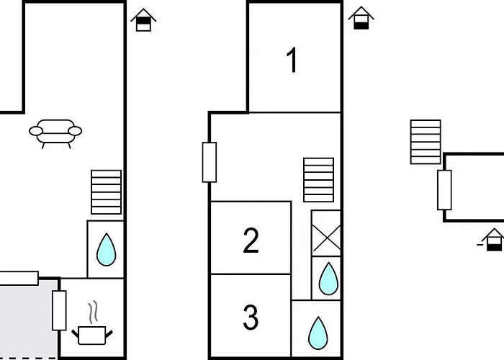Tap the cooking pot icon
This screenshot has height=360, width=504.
point(92,336)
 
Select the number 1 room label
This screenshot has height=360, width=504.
point(292,60)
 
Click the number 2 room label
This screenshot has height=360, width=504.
point(251,240)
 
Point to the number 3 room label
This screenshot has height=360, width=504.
point(251,318)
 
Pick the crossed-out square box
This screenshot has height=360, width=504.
point(326,233)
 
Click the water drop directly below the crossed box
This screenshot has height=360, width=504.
point(328,279)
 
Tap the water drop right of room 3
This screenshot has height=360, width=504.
point(318,333)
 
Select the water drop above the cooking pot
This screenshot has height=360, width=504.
point(107,249)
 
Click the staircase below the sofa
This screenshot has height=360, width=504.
point(107,192)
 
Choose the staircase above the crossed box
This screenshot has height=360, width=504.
point(318,180)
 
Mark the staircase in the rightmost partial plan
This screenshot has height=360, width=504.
point(426,142)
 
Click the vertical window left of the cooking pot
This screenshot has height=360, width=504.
point(59,310)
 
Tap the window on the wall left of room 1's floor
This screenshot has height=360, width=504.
point(210,162)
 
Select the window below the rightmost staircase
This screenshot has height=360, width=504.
point(444,190)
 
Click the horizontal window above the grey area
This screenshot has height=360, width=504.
point(19,279)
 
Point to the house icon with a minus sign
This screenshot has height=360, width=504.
point(492,240)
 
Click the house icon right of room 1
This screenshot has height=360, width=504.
point(361,18)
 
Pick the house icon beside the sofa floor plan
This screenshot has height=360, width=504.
point(143,20)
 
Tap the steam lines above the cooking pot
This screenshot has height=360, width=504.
point(93,312)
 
